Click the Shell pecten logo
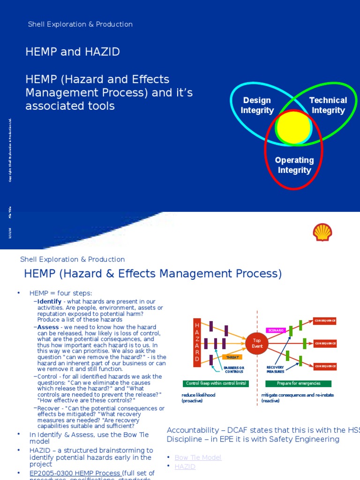(322, 232)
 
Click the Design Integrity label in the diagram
(257, 105)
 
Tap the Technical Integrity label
(328, 105)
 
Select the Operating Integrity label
(294, 165)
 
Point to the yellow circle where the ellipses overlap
(293, 127)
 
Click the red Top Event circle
(257, 343)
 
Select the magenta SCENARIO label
(276, 330)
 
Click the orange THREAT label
(232, 357)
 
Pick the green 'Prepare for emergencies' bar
(298, 383)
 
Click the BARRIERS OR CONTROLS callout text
(234, 370)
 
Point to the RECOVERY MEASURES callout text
(276, 370)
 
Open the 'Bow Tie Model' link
(198, 457)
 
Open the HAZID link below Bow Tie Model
(185, 466)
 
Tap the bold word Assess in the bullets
(48, 327)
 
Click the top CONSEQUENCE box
(325, 321)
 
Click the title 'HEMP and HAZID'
(73, 52)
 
